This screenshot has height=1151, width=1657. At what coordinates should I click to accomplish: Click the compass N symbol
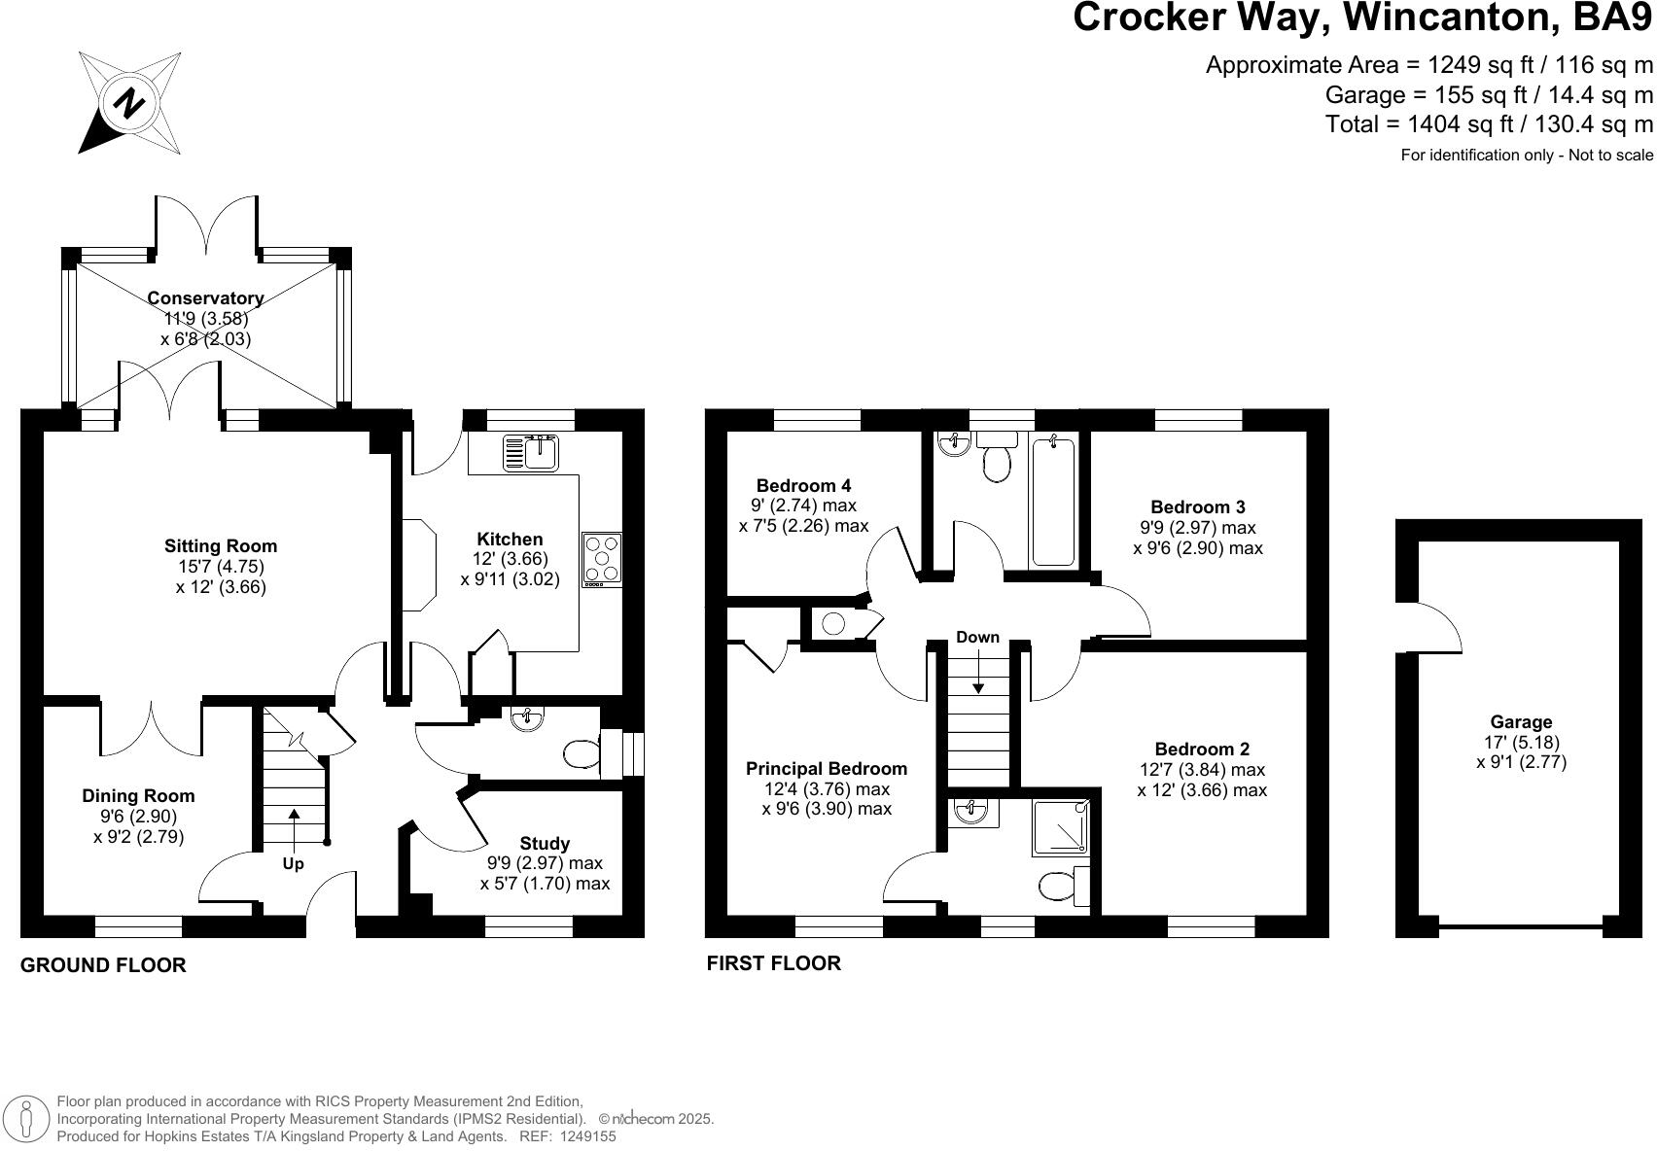tap(129, 102)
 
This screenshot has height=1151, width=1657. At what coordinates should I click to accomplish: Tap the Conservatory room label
tap(205, 297)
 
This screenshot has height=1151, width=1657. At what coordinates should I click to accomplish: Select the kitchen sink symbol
tap(530, 452)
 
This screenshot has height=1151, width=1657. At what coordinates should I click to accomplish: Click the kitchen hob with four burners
tap(602, 559)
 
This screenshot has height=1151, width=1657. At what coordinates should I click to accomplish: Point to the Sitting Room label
tap(221, 546)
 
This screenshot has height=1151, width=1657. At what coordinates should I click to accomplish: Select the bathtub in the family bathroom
tap(1053, 501)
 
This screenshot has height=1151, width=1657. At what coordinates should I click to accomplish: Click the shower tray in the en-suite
tap(1061, 827)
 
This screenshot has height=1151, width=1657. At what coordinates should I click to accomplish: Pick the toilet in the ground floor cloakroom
tap(582, 753)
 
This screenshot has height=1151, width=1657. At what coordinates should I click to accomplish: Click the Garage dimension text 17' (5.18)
tap(1521, 742)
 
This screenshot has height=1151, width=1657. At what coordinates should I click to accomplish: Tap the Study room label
tap(545, 843)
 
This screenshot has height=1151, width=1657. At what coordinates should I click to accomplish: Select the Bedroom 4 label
tap(803, 485)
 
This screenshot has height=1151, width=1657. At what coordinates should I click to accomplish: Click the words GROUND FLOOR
tap(103, 965)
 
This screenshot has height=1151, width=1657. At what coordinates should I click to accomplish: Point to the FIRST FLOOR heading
tap(773, 963)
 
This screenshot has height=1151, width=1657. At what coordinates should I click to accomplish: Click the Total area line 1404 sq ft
tap(1489, 124)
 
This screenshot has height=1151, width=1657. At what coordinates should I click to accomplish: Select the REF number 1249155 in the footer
tap(581, 1135)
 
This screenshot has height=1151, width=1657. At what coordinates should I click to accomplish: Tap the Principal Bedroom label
tap(826, 769)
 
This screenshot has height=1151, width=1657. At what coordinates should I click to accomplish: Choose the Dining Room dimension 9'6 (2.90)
tap(138, 817)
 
